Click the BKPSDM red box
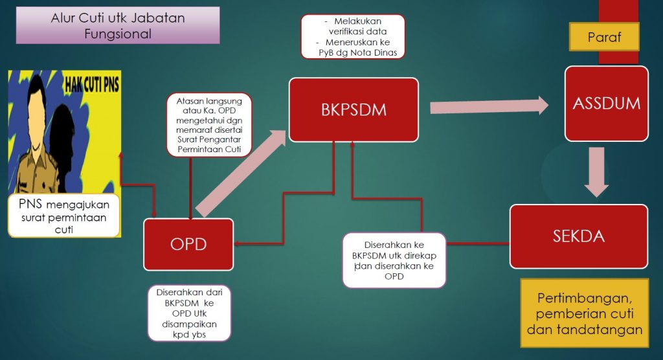[x=354, y=109]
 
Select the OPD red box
[x=188, y=244]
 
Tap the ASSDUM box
[x=606, y=103]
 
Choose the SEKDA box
[x=578, y=236]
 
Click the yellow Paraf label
[x=604, y=37]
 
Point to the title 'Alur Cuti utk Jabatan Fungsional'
[x=118, y=26]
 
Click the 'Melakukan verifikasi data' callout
[x=353, y=36]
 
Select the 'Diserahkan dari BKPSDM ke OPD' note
[x=189, y=313]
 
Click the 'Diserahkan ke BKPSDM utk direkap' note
[x=394, y=259]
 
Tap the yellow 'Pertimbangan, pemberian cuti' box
[x=584, y=313]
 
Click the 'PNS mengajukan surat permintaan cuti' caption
[x=63, y=214]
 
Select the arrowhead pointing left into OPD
[x=236, y=244]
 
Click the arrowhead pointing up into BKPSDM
[x=352, y=146]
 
